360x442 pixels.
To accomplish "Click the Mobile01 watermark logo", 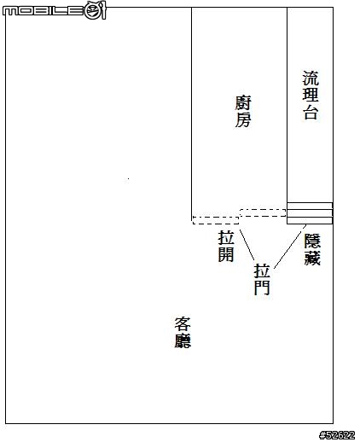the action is pos(54,10).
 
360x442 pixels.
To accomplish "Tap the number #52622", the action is pos(337,435).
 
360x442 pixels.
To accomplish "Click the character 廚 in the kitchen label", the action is pos(243,102).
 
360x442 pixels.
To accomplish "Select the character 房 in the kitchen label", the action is pos(243,119).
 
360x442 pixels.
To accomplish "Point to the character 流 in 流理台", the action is pos(311,79).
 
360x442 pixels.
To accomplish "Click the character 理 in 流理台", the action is pos(311,94).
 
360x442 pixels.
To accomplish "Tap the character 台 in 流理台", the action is pos(311,112).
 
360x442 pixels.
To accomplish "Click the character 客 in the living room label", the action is pos(183,323).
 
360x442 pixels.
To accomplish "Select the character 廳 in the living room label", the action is pos(183,340).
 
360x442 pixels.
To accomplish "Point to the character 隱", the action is pos(312,241).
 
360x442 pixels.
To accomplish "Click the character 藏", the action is pos(312,258).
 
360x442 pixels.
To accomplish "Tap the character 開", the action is pos(226,254).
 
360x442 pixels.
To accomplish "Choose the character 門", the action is pos(262,288).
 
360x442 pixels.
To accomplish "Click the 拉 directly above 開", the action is pos(226,237).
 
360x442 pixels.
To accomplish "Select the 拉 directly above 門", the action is pos(262,270).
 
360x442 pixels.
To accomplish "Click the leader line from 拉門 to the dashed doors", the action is pos(247,245).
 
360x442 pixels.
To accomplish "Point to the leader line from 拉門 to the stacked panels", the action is pos(290,247).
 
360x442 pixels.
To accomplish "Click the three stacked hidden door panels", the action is pos(310,213).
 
